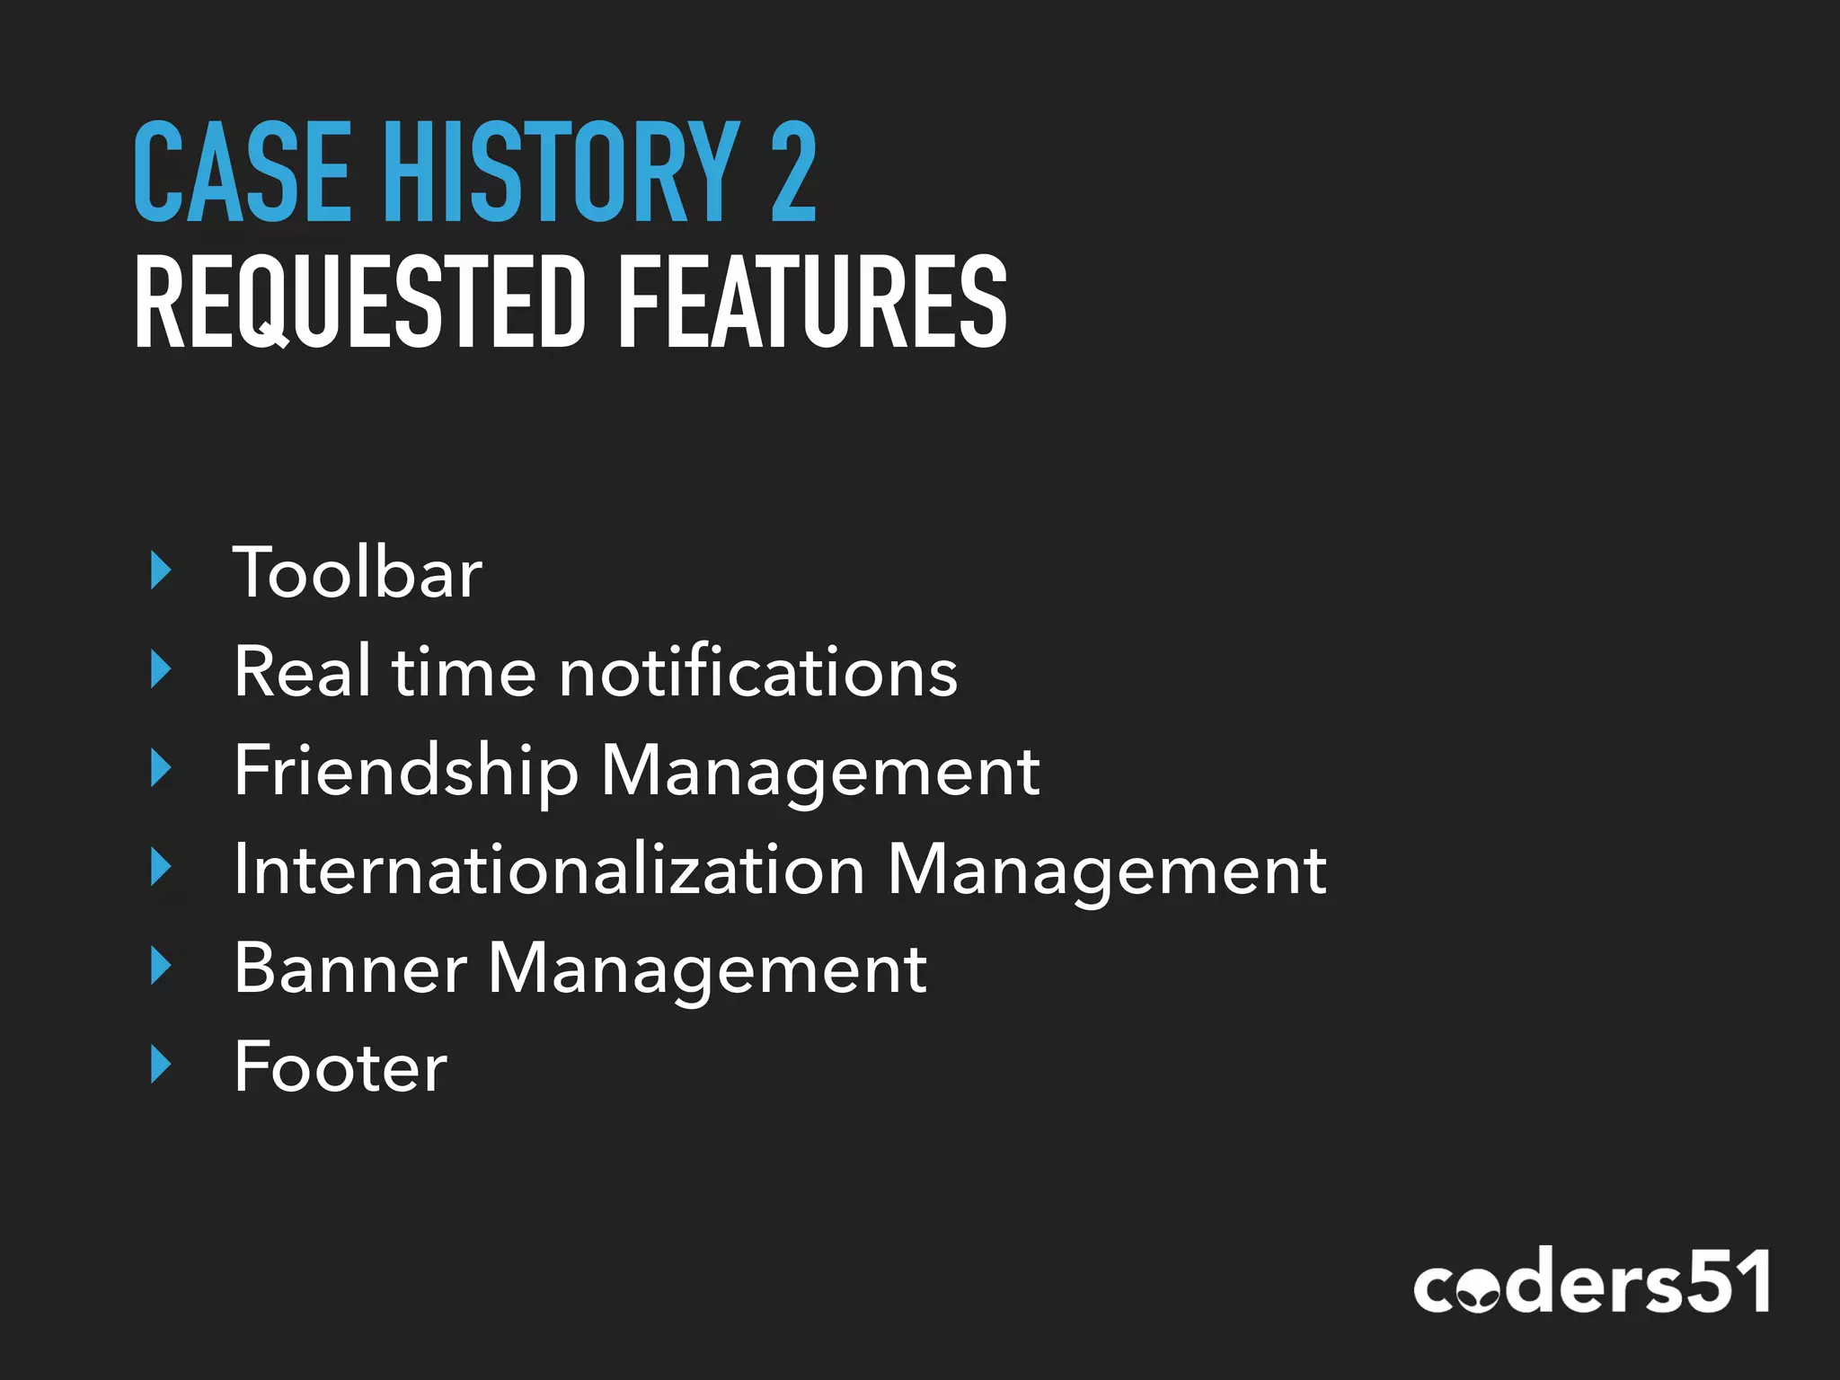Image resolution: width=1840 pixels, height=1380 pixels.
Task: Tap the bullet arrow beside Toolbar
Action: click(162, 571)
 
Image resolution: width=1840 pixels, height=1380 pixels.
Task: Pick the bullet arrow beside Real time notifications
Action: click(162, 670)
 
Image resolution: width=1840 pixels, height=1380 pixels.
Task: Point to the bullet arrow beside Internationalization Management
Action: click(162, 868)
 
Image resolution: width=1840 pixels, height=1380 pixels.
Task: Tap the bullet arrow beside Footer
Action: click(162, 1066)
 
